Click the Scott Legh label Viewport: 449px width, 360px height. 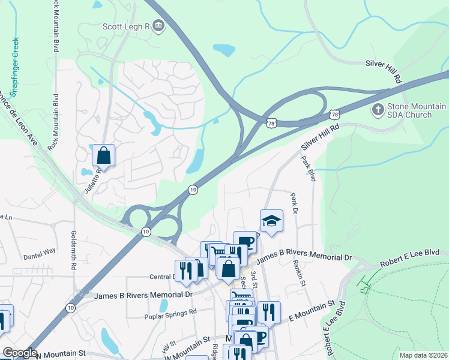tap(125, 26)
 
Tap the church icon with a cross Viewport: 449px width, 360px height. tap(378, 110)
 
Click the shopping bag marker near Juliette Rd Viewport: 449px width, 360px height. tap(104, 156)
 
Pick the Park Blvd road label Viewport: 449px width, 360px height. tap(309, 169)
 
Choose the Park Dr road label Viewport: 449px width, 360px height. tap(294, 203)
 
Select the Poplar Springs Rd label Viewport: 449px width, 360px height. tap(170, 313)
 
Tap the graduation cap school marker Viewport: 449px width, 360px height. tap(271, 221)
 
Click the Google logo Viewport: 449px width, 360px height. tap(20, 353)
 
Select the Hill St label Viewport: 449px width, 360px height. tap(166, 347)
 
